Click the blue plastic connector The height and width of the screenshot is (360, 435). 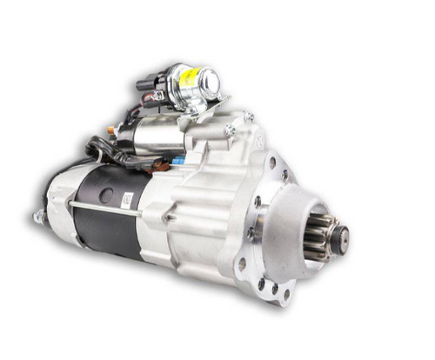[177, 162]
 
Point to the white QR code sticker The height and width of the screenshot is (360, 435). [127, 199]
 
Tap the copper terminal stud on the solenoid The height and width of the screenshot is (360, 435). [112, 130]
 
